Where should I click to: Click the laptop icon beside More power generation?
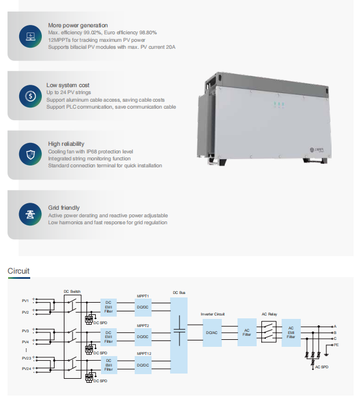[x=29, y=37]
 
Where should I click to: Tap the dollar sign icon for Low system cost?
[x=29, y=96]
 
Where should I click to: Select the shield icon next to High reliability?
[x=29, y=154]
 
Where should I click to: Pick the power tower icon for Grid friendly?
[x=29, y=214]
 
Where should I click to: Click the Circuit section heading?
[x=18, y=271]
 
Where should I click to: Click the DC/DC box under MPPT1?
[x=143, y=306]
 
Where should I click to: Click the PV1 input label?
[x=26, y=301]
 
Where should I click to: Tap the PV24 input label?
[x=26, y=368]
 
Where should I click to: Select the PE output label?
[x=336, y=344]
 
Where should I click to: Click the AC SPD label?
[x=322, y=367]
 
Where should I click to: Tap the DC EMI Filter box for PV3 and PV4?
[x=109, y=335]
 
